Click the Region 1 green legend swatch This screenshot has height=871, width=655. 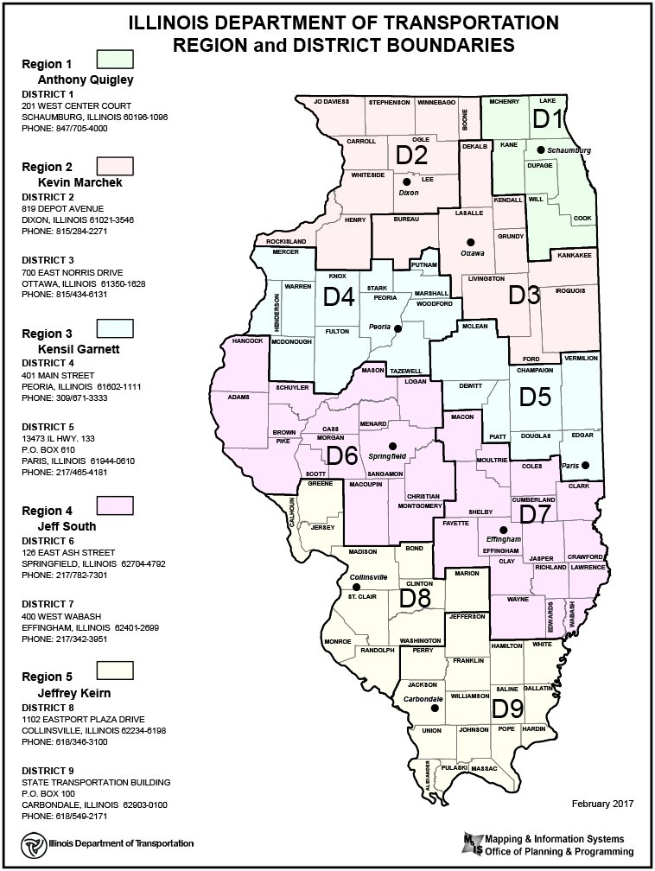tap(114, 60)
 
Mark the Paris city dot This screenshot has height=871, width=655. tap(585, 466)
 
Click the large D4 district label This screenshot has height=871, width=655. tap(339, 297)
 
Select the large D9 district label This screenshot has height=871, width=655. tap(508, 709)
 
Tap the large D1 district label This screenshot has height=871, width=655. tap(548, 119)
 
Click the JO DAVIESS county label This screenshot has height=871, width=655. tap(331, 102)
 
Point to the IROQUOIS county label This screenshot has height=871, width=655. tap(569, 290)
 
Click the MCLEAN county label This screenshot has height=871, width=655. tap(474, 326)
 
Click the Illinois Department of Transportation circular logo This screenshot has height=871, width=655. tap(31, 842)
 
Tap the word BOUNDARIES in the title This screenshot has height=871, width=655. tap(440, 43)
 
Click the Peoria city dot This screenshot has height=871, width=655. tap(397, 328)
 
